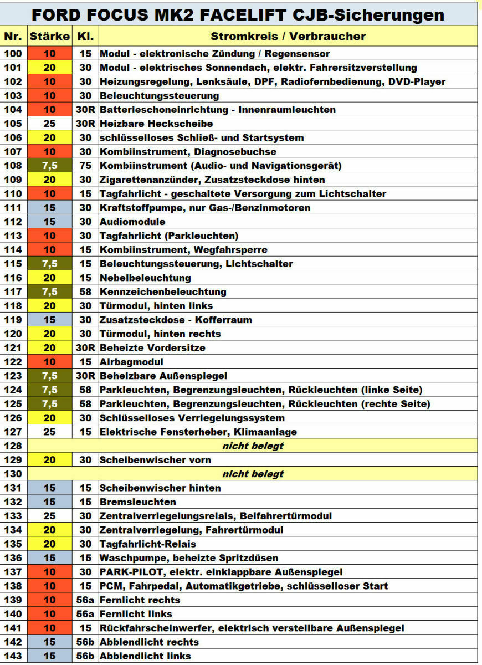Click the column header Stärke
(50, 37)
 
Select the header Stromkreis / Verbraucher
(288, 37)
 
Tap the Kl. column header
(85, 37)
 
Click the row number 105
(14, 124)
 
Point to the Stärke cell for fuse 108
(50, 166)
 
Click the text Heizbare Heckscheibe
(156, 124)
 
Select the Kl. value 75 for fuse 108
(85, 166)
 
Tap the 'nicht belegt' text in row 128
(253, 446)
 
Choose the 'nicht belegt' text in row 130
(253, 474)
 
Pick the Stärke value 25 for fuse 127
(50, 432)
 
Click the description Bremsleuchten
(137, 502)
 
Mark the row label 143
(14, 656)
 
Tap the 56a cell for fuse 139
(85, 600)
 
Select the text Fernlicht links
(136, 614)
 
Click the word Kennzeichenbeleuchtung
(163, 291)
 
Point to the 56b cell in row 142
(85, 642)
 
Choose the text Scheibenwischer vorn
(155, 460)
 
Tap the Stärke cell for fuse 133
(50, 516)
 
